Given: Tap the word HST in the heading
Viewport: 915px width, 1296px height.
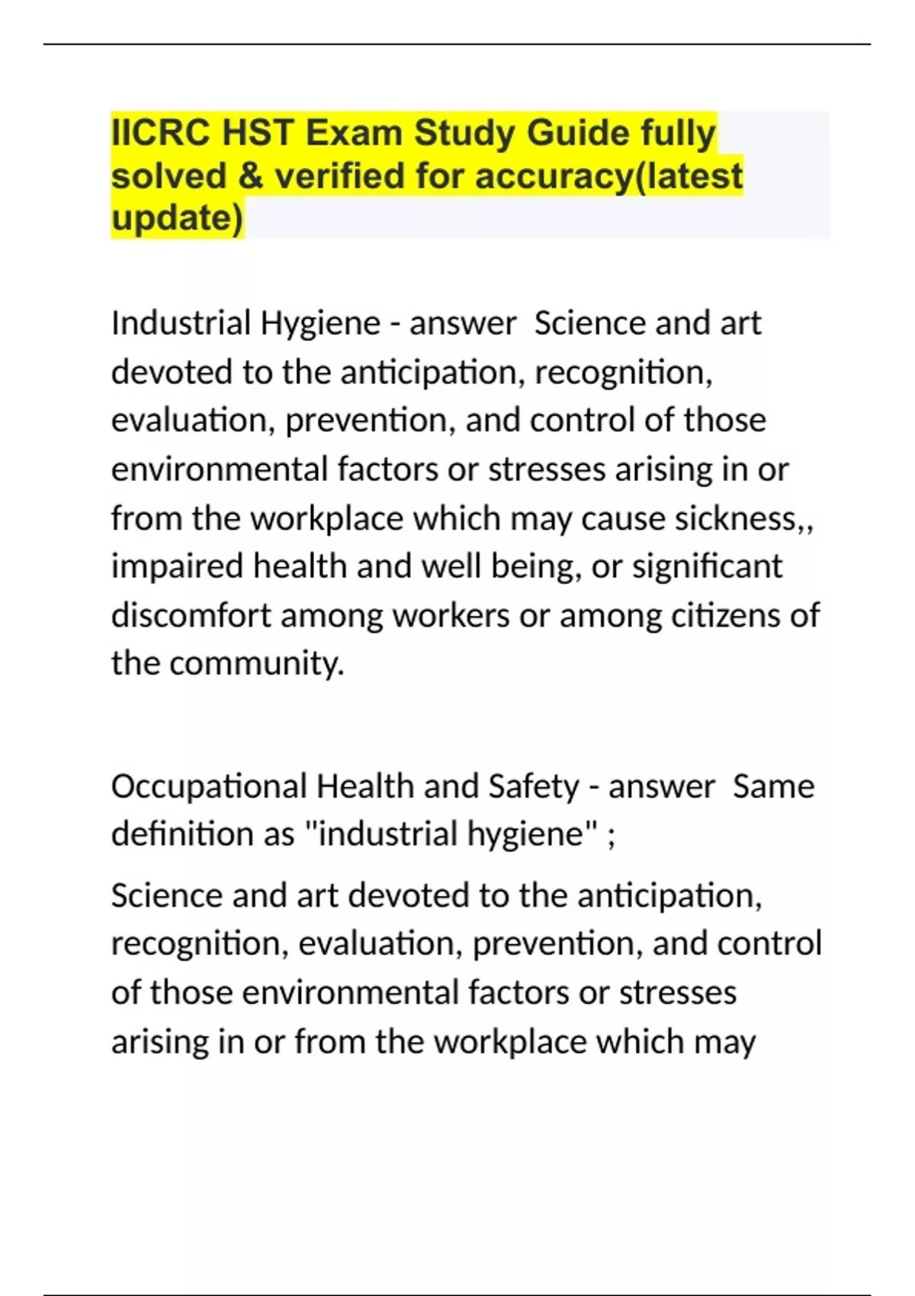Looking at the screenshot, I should [x=258, y=133].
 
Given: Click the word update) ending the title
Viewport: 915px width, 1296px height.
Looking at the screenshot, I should [x=177, y=218].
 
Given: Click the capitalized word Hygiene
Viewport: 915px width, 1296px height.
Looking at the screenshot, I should [x=320, y=323].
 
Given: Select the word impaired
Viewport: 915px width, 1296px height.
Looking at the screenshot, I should [x=177, y=566].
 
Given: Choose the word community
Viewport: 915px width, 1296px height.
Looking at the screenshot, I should [x=256, y=663].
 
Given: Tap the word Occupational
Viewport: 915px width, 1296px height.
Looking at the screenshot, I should [x=208, y=786].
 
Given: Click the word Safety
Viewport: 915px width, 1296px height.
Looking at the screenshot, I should [x=534, y=786].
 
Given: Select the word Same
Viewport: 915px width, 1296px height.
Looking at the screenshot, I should [x=773, y=786].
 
